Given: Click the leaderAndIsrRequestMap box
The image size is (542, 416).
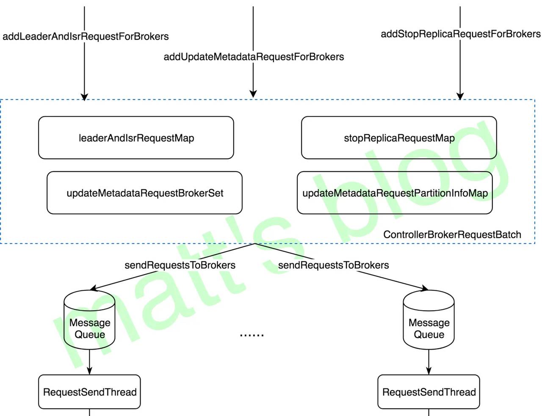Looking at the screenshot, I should (x=136, y=138).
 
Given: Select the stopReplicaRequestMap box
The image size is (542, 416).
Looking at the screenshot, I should (x=399, y=138).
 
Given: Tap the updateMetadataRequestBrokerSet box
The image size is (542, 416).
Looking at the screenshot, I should (x=144, y=193).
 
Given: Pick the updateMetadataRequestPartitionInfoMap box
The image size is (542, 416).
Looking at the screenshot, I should (x=395, y=193).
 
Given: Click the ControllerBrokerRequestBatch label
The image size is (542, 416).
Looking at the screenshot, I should (x=452, y=234).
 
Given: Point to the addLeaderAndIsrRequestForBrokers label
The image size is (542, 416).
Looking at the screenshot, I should (x=86, y=36).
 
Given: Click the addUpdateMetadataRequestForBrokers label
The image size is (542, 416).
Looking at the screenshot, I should (x=254, y=57).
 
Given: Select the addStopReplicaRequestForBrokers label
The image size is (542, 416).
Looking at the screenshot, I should (x=461, y=34).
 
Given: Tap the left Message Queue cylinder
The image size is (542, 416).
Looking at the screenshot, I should (x=89, y=322).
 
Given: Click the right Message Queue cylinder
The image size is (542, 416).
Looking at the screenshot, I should (x=429, y=322).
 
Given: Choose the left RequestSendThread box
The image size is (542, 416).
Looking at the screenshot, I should (x=89, y=392).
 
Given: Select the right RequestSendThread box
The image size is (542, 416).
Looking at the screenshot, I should (x=429, y=392).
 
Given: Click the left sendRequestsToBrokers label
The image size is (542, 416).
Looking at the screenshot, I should (x=180, y=265).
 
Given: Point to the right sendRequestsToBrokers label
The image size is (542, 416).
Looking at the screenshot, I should (x=333, y=265).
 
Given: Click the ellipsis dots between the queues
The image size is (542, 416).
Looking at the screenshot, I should (x=252, y=335).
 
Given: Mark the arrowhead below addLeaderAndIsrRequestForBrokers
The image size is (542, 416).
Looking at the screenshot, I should (x=84, y=96).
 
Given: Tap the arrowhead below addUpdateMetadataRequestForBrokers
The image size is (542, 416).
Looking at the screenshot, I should (x=253, y=94).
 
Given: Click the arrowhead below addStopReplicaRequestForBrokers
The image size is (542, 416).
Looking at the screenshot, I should (x=460, y=96).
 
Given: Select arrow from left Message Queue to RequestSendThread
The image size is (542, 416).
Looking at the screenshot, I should (x=89, y=363).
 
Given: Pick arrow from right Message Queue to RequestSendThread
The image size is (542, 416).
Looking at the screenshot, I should (x=429, y=363).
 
